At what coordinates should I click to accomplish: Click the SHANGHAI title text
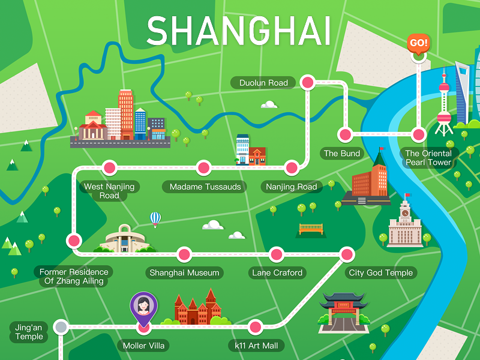click(239, 31)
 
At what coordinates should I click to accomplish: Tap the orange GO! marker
click(418, 43)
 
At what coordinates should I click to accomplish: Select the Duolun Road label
click(263, 83)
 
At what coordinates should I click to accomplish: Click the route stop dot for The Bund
click(344, 134)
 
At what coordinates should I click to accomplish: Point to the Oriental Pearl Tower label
click(428, 158)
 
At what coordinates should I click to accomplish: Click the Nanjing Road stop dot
click(291, 167)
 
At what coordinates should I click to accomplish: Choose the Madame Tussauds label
click(205, 187)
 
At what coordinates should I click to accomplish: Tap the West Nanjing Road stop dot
click(109, 167)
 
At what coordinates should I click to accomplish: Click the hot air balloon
click(155, 218)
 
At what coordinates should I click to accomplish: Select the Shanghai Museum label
click(184, 273)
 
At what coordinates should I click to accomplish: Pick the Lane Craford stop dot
click(277, 254)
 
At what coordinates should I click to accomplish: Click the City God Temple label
click(380, 273)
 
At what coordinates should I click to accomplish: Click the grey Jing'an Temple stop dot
click(61, 327)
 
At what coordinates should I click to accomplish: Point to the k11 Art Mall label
click(256, 346)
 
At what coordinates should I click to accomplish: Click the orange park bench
click(311, 229)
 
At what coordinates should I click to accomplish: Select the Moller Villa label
click(143, 346)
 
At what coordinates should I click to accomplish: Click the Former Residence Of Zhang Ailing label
click(74, 277)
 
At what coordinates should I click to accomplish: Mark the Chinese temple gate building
click(343, 312)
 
